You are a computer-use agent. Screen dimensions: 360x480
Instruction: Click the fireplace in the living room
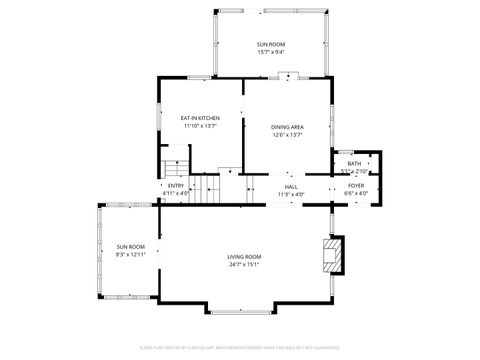331,255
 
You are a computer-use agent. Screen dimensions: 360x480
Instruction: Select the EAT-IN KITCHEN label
200,118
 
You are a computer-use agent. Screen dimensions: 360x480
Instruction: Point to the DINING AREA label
287,127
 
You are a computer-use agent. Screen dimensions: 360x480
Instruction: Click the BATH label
354,163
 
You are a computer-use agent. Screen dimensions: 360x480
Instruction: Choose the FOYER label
356,186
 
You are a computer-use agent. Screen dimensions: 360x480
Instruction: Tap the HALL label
291,186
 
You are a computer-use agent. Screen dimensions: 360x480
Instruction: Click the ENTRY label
175,186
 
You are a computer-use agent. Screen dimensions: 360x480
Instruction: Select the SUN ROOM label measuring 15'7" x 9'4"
270,44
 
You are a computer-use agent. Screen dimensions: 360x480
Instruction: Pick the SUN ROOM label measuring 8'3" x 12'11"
130,247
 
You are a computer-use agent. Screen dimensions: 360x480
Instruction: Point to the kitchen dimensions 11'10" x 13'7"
200,126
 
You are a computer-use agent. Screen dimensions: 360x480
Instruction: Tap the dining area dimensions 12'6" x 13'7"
287,135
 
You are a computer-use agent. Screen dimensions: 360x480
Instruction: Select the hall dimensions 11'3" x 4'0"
291,194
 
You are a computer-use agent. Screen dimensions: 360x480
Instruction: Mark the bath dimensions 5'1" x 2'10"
354,171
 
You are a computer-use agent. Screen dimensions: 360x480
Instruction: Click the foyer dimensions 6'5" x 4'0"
356,194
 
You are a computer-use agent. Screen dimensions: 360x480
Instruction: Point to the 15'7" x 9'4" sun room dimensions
270,52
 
